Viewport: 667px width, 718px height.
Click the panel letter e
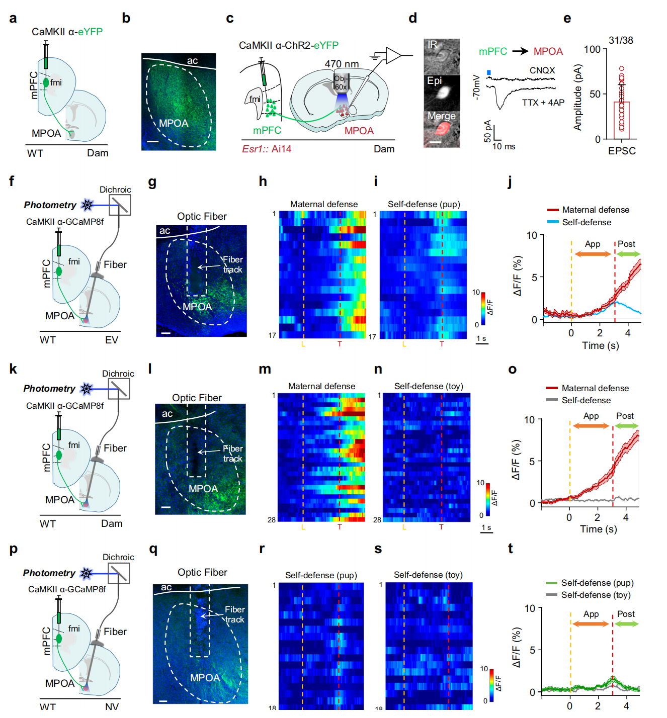tap(567, 19)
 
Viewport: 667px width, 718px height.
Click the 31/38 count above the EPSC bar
tap(621, 40)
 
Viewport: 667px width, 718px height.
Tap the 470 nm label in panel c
tap(342, 64)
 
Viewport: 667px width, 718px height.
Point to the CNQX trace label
tap(542, 70)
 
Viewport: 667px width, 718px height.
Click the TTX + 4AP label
tap(543, 103)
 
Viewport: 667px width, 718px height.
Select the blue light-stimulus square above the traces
tap(489, 73)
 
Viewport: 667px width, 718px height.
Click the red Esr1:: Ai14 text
tap(267, 149)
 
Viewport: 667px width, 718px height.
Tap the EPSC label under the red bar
tap(622, 151)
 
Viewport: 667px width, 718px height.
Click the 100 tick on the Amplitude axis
tap(592, 49)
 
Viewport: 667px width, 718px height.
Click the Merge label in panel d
tap(441, 116)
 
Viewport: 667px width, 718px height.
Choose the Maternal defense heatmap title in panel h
tap(324, 204)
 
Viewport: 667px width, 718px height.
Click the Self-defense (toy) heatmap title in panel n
tap(429, 386)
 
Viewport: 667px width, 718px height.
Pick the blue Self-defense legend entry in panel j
tap(587, 222)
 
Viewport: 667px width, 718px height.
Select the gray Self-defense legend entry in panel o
tap(586, 400)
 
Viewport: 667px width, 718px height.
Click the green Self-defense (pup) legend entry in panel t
tap(597, 583)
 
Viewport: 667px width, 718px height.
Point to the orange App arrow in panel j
tap(593, 254)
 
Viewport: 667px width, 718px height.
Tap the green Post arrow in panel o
tap(626, 426)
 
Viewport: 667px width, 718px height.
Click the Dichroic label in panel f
tap(115, 190)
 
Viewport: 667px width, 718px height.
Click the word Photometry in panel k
tap(49, 389)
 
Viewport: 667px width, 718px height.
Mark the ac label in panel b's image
tap(192, 61)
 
